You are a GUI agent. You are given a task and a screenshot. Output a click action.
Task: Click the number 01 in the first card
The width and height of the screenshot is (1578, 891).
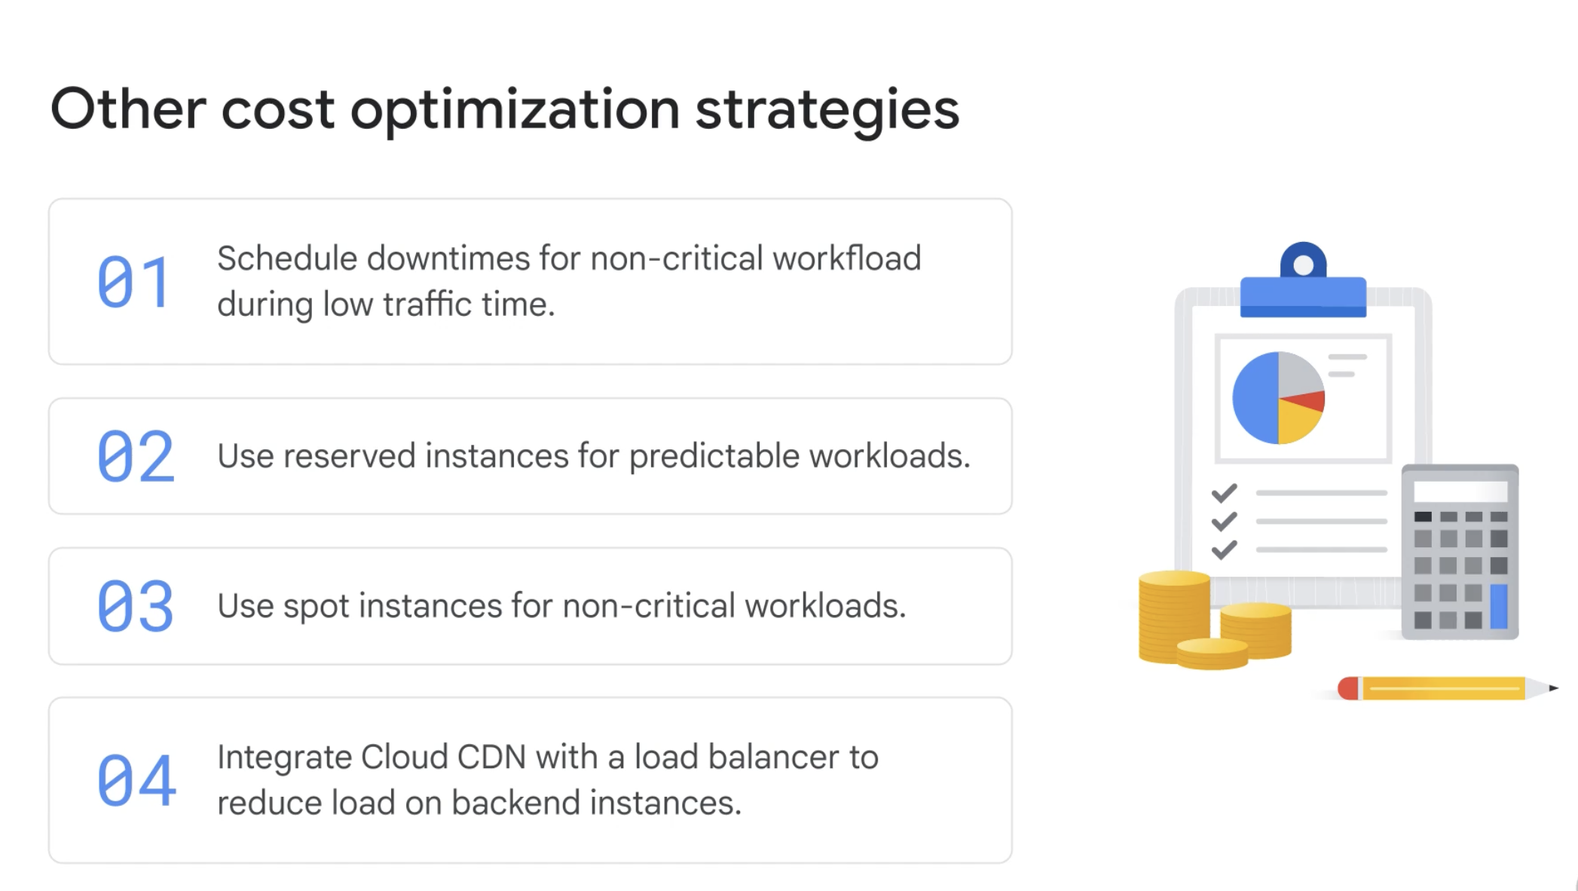[133, 282]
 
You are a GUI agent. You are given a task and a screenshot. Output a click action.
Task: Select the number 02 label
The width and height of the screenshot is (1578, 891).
[136, 456]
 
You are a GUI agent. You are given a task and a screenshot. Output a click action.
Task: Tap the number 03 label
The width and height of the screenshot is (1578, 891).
[136, 606]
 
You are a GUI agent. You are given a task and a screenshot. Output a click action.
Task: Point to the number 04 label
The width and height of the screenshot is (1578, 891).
[136, 780]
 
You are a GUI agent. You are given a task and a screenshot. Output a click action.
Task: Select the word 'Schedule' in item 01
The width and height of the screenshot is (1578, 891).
[286, 259]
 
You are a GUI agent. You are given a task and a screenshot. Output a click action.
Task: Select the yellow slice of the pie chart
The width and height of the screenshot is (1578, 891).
[1298, 423]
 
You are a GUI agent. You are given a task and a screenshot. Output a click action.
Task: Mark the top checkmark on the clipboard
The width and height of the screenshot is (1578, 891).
[1225, 493]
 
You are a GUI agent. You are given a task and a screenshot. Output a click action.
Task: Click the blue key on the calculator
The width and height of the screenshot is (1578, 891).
[1499, 606]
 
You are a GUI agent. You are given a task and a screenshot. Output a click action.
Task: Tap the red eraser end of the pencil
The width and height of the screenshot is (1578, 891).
[1348, 688]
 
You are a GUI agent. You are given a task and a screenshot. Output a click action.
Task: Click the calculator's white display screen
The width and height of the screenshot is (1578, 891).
[1460, 491]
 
